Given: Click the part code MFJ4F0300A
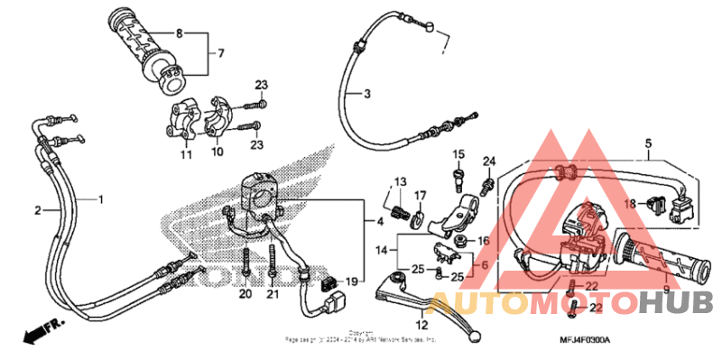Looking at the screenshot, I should (583, 339).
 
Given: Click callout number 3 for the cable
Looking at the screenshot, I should (367, 94).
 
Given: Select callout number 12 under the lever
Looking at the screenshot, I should (421, 326).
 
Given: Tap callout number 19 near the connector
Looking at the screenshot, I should (352, 282).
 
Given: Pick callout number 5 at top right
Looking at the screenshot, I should (648, 143).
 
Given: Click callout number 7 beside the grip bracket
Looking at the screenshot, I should (218, 54).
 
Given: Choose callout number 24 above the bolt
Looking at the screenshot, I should (488, 162).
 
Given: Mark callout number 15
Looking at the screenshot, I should (458, 154).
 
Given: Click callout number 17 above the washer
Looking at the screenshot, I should (420, 196).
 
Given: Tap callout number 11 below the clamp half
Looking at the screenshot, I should (185, 155).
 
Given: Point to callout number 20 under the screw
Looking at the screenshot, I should (245, 295).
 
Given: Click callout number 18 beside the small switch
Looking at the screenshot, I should (630, 204).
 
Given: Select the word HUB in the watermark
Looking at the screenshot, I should (677, 302).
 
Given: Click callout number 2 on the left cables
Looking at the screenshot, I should (38, 210).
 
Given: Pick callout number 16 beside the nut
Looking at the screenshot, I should (483, 241).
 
